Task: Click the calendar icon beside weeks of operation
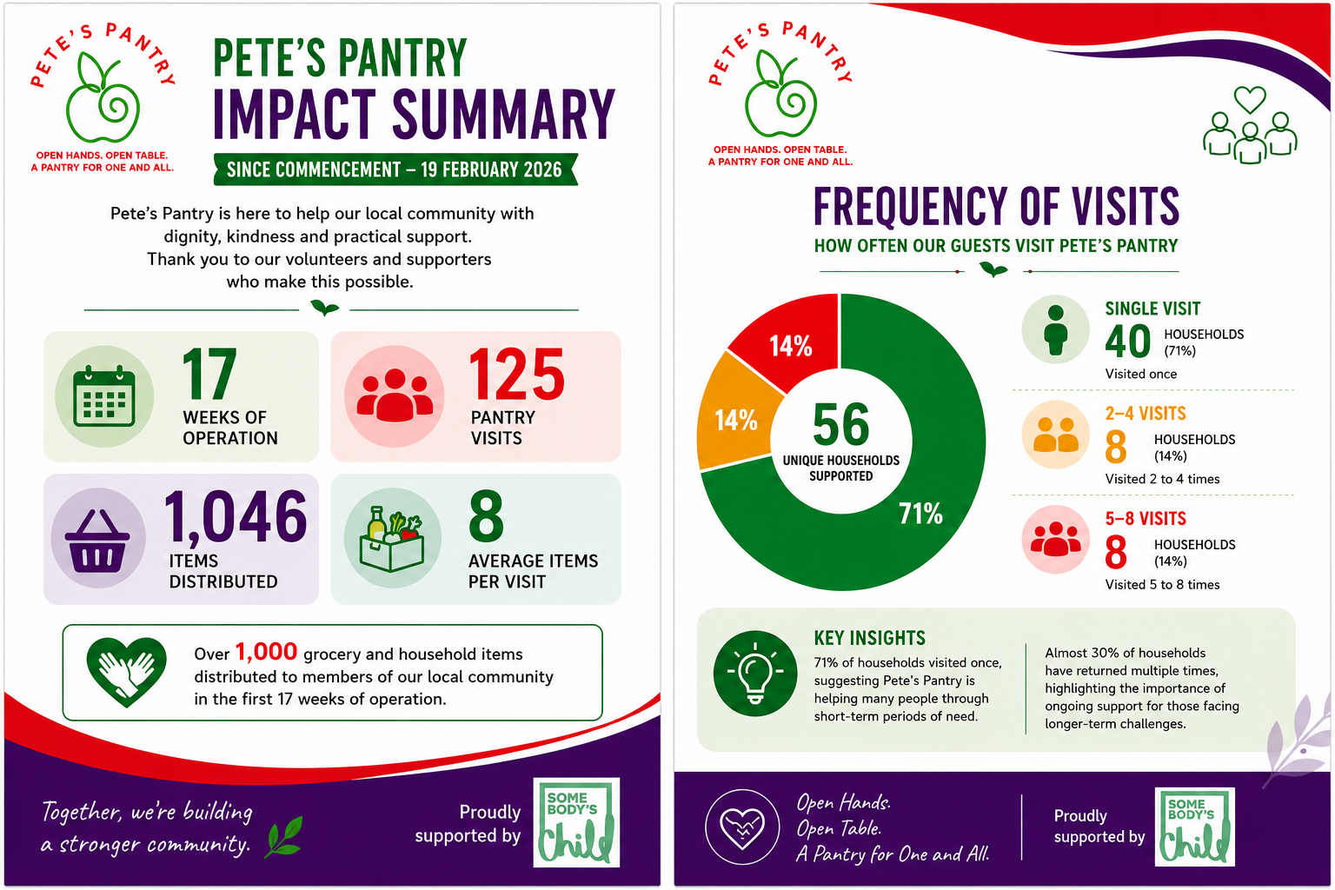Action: pos(103,395)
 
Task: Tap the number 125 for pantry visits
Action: pos(517,375)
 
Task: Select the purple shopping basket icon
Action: pos(97,540)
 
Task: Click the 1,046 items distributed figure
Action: pos(236,516)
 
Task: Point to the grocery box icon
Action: pos(392,539)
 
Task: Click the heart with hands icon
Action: pos(126,672)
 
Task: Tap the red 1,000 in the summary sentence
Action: pos(266,652)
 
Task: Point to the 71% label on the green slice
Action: pos(920,514)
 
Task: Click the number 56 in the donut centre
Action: pos(841,424)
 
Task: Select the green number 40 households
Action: pos(1127,341)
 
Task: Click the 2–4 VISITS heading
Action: pos(1146,413)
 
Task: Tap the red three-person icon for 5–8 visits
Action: pos(1055,539)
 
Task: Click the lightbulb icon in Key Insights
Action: pos(755,673)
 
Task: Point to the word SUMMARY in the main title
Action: pos(503,114)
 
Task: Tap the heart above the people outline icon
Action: pos(1250,100)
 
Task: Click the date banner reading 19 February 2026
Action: pos(395,169)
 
